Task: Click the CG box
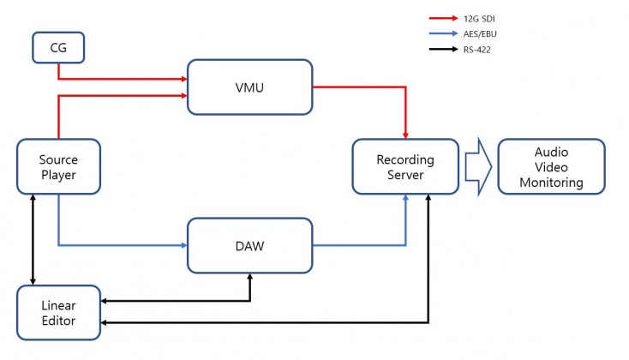58,48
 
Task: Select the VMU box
249,87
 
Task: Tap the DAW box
249,246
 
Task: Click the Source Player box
58,166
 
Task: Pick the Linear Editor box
58,313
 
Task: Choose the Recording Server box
405,166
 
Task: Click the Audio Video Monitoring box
552,166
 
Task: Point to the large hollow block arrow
478,166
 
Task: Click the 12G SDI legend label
479,19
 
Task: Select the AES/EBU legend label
480,34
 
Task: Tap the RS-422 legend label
477,50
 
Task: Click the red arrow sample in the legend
443,18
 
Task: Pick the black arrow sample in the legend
443,49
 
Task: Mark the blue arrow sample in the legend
443,33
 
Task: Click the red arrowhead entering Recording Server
405,135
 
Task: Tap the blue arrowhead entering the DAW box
184,245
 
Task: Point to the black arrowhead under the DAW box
250,277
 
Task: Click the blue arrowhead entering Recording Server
405,198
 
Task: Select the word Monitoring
552,183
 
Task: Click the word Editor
58,321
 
